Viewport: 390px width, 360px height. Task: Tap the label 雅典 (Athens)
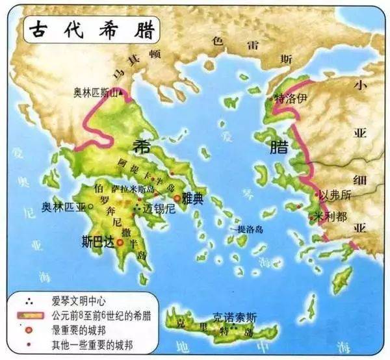point(193,200)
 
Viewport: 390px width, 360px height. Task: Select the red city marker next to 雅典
point(176,199)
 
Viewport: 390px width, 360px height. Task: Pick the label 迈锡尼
point(158,209)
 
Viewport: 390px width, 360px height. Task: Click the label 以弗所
point(336,195)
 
